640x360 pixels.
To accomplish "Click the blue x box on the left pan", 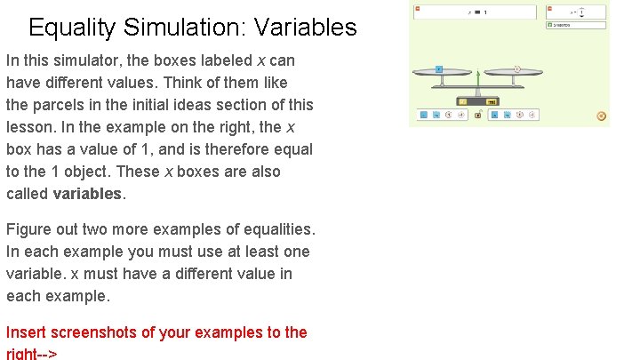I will click(439, 68).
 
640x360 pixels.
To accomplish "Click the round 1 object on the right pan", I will click(516, 68).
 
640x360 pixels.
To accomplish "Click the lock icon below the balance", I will click(477, 115).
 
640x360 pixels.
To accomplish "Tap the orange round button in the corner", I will click(602, 116).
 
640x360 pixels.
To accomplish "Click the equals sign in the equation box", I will click(476, 12).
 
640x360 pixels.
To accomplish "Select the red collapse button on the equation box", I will click(417, 9).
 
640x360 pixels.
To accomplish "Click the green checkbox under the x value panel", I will click(549, 26).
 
